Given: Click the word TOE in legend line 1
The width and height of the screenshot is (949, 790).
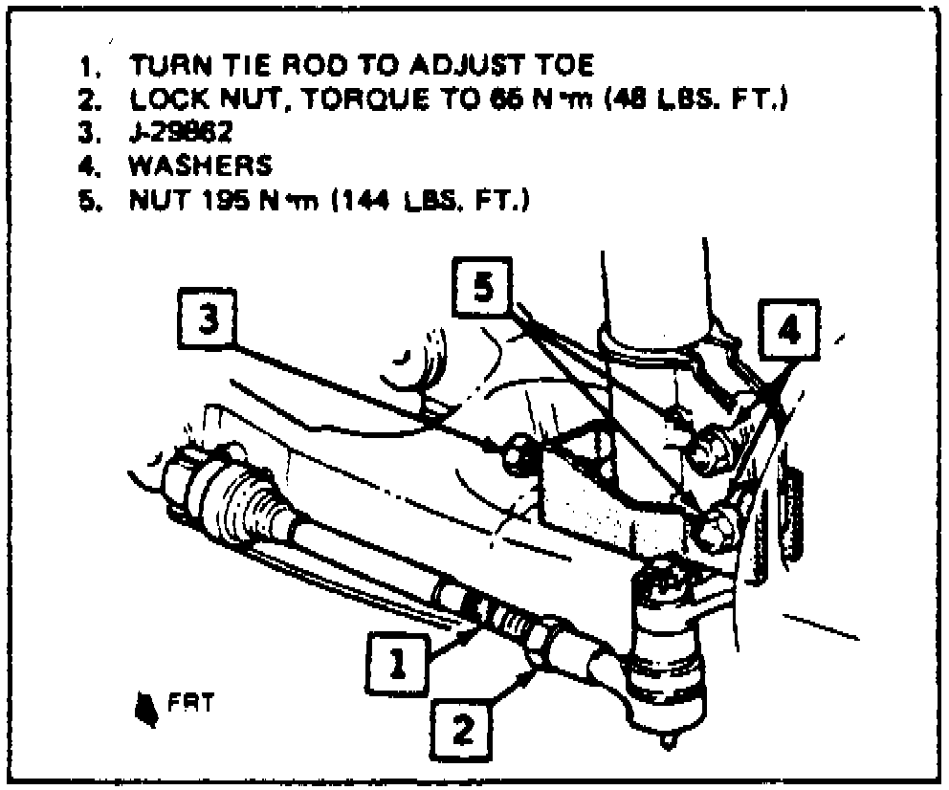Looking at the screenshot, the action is point(567,65).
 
